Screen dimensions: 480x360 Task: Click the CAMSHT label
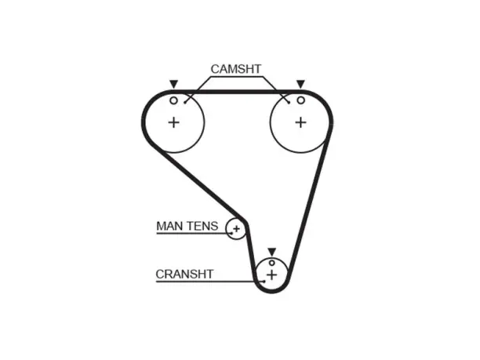[236, 69]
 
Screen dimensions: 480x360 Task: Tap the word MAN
[170, 226]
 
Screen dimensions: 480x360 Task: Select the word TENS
[202, 226]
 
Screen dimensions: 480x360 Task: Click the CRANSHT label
[184, 274]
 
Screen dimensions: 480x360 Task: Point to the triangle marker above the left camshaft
[173, 84]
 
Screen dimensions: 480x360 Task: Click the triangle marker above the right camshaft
[300, 84]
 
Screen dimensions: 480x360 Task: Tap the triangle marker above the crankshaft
[272, 252]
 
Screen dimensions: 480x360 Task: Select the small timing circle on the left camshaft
[173, 100]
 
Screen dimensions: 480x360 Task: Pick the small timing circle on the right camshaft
[301, 100]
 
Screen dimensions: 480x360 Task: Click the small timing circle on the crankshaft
[272, 263]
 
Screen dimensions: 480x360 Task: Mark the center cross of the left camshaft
[173, 123]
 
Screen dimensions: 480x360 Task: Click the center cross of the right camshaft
[300, 123]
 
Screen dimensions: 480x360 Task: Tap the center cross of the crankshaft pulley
[272, 275]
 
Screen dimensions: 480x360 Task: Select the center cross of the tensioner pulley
[236, 229]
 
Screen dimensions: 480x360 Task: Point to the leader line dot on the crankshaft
[264, 281]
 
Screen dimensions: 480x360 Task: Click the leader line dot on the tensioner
[231, 233]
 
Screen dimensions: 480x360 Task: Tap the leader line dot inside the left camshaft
[185, 103]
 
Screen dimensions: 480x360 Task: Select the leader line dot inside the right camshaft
[289, 103]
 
